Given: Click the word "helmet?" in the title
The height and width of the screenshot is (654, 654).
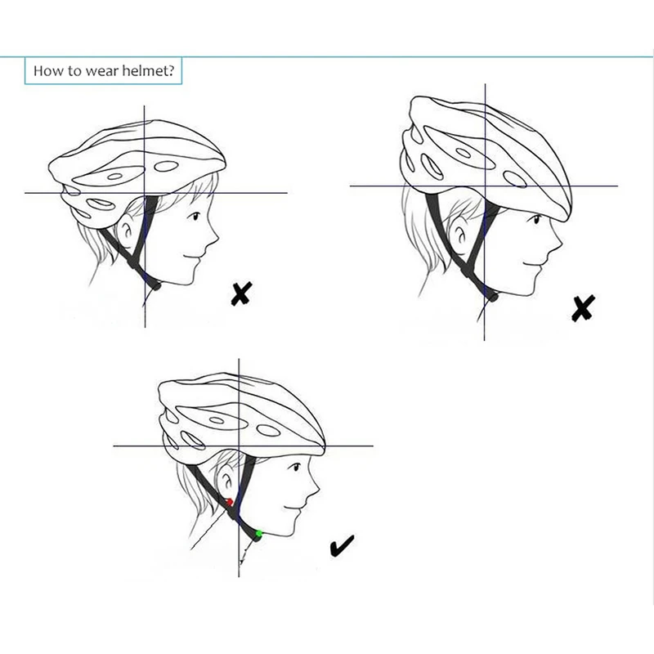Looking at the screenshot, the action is point(148,71).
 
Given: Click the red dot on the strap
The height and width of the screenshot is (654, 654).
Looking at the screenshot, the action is point(230,502).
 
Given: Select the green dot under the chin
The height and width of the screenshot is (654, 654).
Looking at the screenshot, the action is point(258,534).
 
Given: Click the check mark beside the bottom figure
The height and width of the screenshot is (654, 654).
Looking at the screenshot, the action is point(342,546).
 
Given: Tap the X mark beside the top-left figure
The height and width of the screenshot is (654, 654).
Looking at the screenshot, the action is point(240,293).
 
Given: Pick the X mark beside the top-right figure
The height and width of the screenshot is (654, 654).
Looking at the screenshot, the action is point(582,307).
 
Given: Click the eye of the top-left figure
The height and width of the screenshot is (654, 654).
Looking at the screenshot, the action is point(196,217).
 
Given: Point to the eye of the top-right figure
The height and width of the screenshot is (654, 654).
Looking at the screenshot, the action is point(535,220).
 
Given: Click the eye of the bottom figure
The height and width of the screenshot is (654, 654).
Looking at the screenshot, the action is point(294,469).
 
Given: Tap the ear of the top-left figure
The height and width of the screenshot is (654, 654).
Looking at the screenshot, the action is point(128,232).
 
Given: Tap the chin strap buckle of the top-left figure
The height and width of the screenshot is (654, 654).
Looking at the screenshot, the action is point(153,283).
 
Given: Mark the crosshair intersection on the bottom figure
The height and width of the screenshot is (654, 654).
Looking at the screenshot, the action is point(238,446).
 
